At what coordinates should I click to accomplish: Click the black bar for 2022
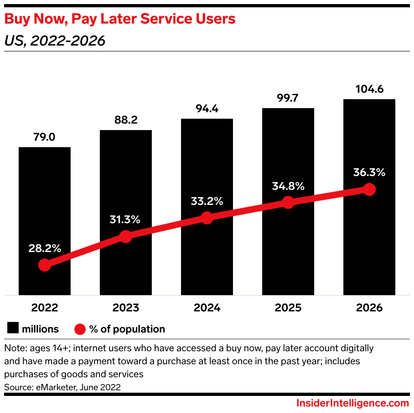pos(45,203)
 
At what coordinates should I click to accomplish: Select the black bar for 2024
pos(207,171)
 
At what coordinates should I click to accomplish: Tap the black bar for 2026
pos(369,146)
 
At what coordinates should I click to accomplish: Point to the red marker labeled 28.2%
pos(45,265)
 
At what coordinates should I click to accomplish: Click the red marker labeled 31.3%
pos(126,237)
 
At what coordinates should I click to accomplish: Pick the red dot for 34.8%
pos(288,202)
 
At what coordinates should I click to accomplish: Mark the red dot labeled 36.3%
pos(369,189)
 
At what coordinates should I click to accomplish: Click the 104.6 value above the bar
pos(369,89)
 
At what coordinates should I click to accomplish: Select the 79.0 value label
pos(45,137)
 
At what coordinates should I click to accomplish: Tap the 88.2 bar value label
pos(126,120)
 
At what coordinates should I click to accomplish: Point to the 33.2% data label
pos(207,201)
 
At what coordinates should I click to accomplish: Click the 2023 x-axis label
pos(126,307)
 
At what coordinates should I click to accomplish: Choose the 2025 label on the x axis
pos(288,307)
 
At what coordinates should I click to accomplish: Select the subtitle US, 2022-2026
pos(55,41)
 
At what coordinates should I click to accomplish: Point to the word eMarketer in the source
pos(51,387)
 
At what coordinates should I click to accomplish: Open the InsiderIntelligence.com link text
pos(352,403)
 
